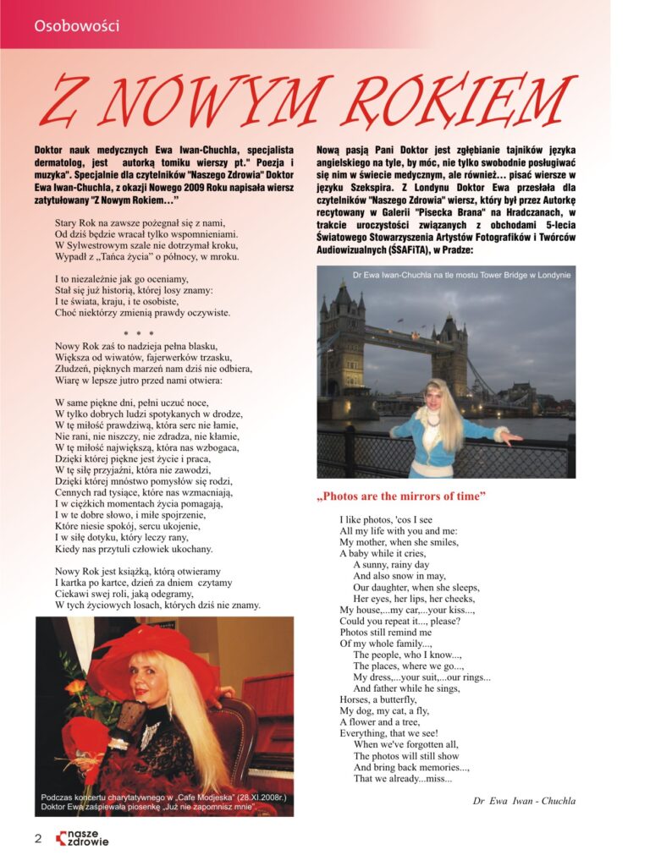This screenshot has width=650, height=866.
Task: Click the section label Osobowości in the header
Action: (x=77, y=25)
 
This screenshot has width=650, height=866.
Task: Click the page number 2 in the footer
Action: (x=38, y=838)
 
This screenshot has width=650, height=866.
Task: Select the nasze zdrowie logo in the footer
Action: (x=82, y=838)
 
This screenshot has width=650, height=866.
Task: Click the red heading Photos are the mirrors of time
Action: (x=401, y=496)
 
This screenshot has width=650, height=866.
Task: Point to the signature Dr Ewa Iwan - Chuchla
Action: (x=525, y=800)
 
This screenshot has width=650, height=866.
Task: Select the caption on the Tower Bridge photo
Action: (x=461, y=275)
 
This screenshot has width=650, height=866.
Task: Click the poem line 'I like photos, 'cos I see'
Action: (x=385, y=519)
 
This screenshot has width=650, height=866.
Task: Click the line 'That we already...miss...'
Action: (x=402, y=779)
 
